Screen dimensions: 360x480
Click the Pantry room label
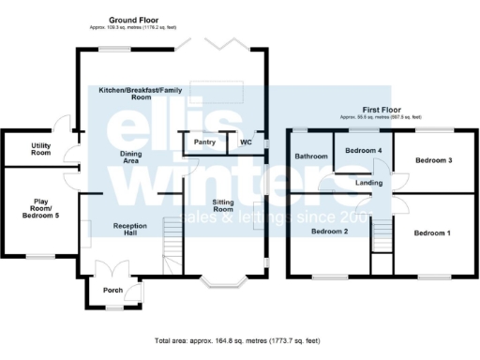click(x=205, y=142)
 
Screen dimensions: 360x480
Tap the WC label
click(x=246, y=142)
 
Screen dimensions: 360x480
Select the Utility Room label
click(x=40, y=148)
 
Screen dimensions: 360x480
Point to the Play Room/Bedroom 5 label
click(x=40, y=208)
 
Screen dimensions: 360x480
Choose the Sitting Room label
click(x=223, y=206)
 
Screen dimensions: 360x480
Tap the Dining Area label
click(x=137, y=157)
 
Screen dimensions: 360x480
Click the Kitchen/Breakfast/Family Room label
click(x=141, y=93)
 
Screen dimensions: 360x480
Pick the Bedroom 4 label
click(x=364, y=151)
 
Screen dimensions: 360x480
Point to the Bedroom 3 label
click(x=433, y=160)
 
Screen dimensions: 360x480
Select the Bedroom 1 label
click(x=433, y=232)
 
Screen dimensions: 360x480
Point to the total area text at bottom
click(x=240, y=340)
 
